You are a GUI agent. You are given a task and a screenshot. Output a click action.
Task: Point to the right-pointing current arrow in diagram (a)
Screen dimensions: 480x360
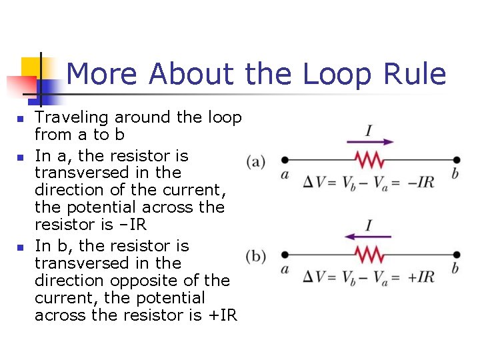(x=370, y=141)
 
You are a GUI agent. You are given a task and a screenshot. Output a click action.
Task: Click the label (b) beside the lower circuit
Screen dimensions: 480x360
(x=257, y=255)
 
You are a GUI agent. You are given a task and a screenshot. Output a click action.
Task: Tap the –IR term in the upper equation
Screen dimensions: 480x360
(x=420, y=182)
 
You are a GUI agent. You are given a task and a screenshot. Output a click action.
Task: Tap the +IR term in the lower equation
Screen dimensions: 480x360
(x=420, y=276)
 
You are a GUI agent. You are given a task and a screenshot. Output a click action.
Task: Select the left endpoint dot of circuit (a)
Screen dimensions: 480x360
(x=285, y=160)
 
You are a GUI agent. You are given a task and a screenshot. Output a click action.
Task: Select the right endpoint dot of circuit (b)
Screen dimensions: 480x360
(x=457, y=254)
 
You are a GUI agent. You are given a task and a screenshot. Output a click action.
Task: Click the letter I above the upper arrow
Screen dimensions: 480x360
(x=369, y=129)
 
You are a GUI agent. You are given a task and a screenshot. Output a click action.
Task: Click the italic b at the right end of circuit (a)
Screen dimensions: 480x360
(x=456, y=174)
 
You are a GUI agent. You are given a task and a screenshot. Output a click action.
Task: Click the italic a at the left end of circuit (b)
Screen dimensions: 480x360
(x=285, y=269)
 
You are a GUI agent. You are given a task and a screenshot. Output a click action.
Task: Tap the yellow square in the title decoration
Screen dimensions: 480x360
(x=31, y=67)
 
